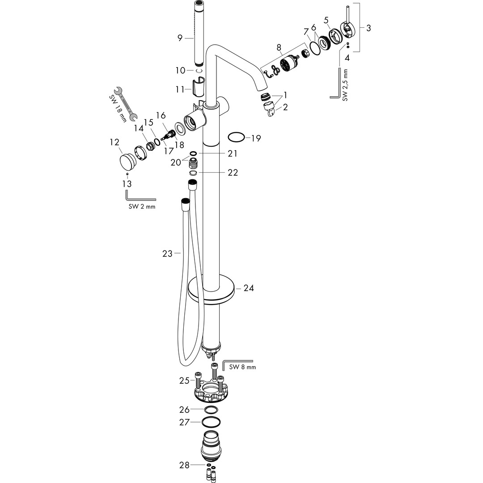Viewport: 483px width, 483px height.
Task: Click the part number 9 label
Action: tap(180, 38)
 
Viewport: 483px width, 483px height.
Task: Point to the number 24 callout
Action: tap(249, 288)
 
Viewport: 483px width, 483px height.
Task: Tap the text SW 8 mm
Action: tap(242, 367)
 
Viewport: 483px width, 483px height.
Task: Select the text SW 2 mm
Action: tap(142, 207)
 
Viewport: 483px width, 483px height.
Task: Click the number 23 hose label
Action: tap(167, 254)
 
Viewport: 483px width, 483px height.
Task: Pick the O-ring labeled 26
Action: tap(211, 410)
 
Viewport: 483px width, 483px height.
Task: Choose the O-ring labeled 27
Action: tap(211, 422)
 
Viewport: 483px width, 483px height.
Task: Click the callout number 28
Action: tap(184, 465)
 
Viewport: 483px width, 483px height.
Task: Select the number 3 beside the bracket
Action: tap(368, 28)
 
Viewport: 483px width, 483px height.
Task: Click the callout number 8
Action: tap(279, 47)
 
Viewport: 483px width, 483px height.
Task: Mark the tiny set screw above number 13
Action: tap(128, 174)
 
